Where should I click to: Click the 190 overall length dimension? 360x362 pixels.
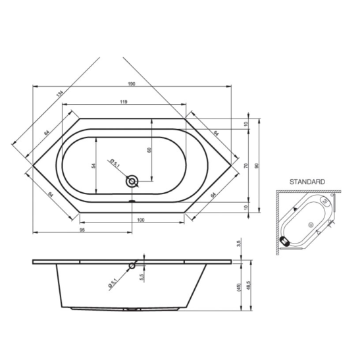(x=132, y=84)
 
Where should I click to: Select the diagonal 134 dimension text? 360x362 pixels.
(x=60, y=93)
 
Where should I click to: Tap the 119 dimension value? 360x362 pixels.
(x=124, y=101)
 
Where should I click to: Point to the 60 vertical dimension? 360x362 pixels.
(x=149, y=150)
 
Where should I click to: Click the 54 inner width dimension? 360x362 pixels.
(x=93, y=165)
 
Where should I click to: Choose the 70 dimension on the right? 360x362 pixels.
(x=246, y=165)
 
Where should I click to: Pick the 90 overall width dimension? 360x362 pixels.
(x=256, y=165)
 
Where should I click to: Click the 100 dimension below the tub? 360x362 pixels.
(x=141, y=220)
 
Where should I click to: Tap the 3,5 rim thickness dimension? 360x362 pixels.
(x=239, y=243)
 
